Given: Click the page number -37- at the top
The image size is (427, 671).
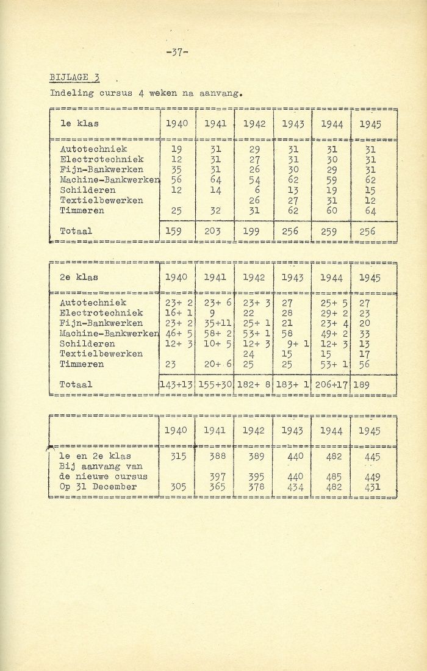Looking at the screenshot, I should coord(177,52).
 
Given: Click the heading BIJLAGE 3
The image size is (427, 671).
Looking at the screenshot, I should coord(74,77).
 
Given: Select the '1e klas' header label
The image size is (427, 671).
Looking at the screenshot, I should coord(79,124).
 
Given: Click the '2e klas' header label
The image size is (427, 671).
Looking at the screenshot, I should coord(79,278).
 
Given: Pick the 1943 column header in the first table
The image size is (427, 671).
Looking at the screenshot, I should coord(292,124).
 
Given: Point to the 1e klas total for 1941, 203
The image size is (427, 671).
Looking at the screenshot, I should coord(215,232).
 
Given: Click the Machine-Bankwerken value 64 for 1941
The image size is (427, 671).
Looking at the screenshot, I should coord(215,180).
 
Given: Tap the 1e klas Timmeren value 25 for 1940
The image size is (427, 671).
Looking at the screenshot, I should coord(177,211).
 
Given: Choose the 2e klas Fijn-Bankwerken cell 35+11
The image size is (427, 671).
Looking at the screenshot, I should coord(217,323).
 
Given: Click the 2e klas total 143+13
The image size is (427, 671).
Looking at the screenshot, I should coord(176,385).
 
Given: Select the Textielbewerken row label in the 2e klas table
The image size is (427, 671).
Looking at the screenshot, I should coord(101,354).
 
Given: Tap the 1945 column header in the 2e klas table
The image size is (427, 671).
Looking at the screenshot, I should coord(370,278).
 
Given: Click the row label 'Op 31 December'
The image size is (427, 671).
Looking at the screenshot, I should coord(98,487).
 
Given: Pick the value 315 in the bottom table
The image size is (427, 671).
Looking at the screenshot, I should coord(177,456).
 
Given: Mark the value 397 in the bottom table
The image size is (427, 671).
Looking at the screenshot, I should coord(215,476).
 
